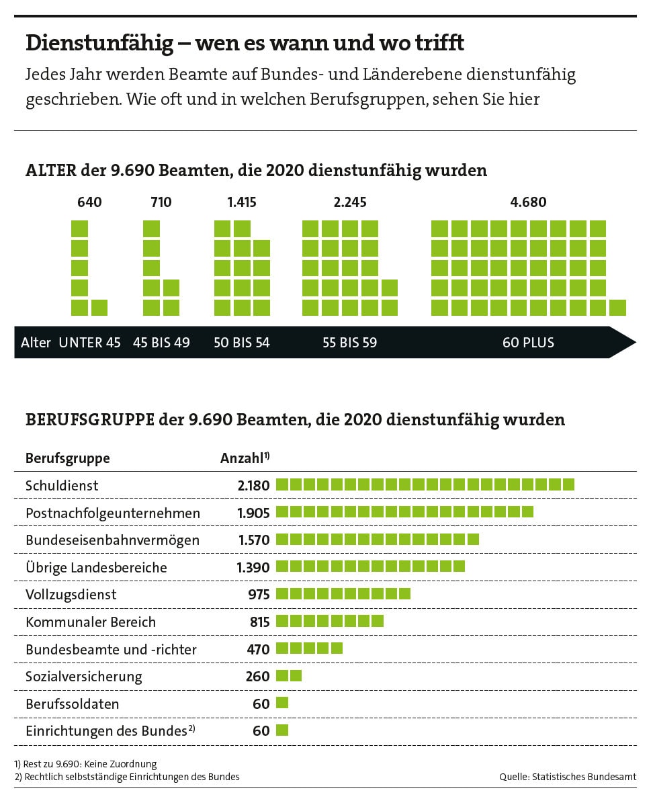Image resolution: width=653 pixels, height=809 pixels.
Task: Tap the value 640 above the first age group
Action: [90, 202]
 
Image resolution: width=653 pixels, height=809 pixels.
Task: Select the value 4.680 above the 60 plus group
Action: [528, 202]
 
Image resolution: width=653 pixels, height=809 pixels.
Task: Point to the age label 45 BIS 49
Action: [161, 343]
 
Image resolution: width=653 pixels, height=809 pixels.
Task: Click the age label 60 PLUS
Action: [528, 343]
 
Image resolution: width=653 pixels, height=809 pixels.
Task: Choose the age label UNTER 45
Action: [90, 343]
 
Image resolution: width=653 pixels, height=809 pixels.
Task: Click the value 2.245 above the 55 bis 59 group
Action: [350, 202]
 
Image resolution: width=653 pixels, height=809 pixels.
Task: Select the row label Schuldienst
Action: [62, 485]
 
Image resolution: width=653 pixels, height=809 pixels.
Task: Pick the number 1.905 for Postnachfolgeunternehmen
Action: [253, 513]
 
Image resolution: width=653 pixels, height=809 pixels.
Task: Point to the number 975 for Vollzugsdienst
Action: [259, 595]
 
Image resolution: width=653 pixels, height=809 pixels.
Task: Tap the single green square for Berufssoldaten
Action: [282, 703]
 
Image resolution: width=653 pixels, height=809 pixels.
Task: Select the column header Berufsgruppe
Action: [67, 458]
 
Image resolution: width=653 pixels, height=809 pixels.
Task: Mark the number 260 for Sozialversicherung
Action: [257, 677]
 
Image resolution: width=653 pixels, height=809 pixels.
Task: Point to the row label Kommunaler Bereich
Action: [91, 622]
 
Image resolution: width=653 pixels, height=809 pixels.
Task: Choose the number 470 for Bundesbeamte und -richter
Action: [258, 650]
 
